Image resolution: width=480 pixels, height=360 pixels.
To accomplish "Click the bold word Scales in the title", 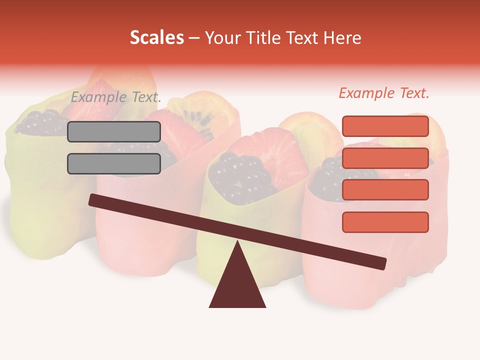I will click(156, 37).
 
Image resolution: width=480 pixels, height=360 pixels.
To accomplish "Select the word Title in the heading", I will click(266, 38).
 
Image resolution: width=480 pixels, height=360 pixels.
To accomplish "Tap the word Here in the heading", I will click(342, 38).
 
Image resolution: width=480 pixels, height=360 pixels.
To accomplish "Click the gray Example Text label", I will click(116, 97).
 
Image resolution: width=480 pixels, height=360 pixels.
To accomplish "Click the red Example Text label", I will click(384, 93).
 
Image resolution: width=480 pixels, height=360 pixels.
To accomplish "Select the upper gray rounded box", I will click(114, 131).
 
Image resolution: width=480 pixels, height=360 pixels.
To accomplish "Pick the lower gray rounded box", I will click(114, 163).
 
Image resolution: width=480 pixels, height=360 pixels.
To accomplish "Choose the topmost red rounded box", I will click(385, 126).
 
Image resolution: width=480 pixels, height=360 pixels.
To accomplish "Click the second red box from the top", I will click(385, 158).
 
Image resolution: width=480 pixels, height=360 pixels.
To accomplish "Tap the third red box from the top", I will click(385, 190).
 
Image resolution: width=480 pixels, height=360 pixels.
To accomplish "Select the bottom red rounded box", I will click(385, 222).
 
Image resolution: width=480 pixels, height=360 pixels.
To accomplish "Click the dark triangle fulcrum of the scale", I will click(237, 285).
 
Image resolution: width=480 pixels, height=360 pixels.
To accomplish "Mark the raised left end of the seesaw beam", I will click(93, 199).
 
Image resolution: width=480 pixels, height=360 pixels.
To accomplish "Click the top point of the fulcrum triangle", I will click(237, 242).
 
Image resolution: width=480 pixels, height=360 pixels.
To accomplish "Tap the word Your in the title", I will click(223, 38).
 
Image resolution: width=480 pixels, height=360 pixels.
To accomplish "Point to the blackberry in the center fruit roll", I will click(235, 175).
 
